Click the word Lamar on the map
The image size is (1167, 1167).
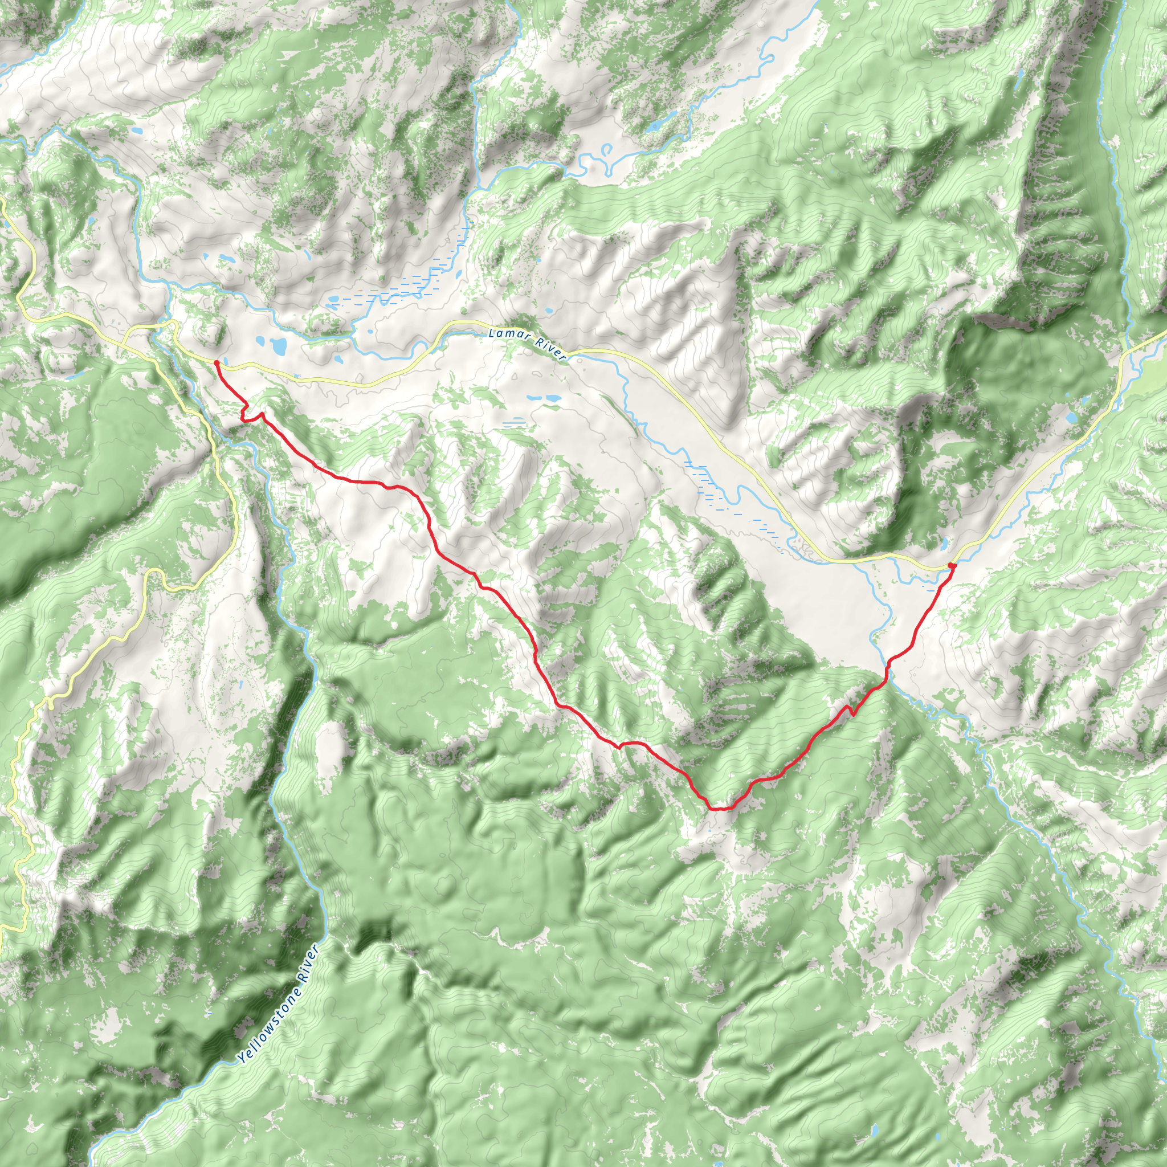pos(506,334)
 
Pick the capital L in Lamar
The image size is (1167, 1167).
pos(492,331)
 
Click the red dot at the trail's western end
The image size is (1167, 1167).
pos(216,362)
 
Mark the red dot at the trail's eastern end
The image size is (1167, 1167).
pos(952,565)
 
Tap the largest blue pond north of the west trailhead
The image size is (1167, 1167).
pos(279,346)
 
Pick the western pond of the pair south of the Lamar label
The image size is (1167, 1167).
pos(533,398)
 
